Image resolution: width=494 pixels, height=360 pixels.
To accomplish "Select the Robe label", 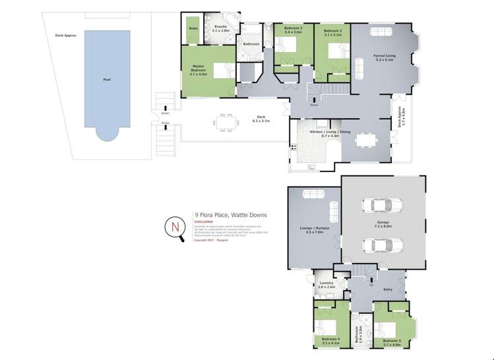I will point(193,29).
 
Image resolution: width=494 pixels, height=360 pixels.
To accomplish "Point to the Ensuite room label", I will point(222,28).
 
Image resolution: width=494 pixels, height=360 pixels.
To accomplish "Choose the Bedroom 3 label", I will point(293,30).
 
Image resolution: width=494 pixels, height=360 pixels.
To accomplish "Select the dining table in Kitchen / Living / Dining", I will point(363,140).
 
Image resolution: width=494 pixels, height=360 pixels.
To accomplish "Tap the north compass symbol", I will point(175,227).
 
